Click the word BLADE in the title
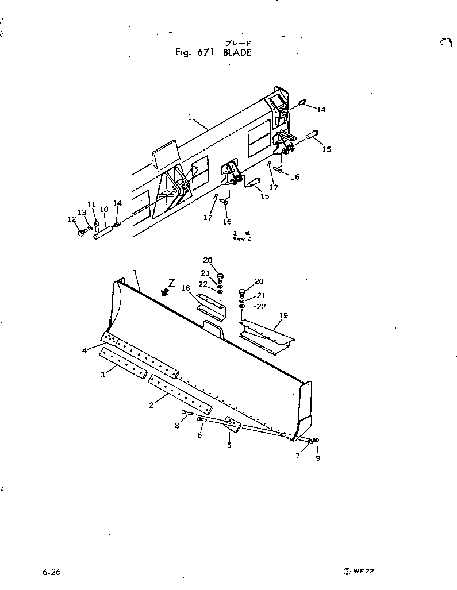[237, 52]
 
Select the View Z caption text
[241, 238]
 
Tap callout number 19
[283, 315]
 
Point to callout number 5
[228, 445]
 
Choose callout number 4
[85, 350]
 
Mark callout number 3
[102, 375]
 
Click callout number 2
[151, 405]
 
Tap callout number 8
[177, 426]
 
